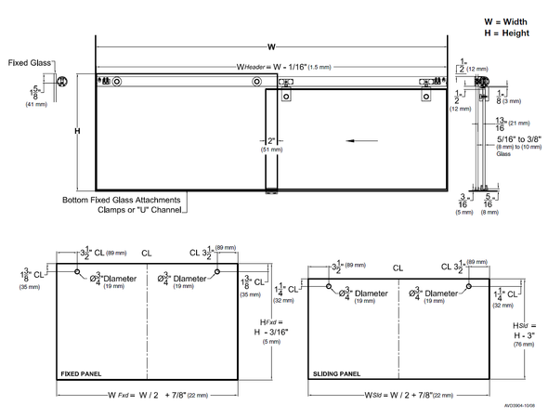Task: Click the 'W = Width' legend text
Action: tap(506, 20)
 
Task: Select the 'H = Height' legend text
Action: tap(506, 33)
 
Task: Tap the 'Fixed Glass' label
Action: tap(29, 63)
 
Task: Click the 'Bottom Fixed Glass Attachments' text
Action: tap(122, 200)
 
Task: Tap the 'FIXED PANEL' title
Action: tap(81, 374)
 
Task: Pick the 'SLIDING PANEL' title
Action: tap(335, 374)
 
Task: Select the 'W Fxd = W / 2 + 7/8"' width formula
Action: tap(149, 395)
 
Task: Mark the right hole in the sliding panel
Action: tap(470, 287)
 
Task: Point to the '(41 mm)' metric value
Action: tap(35, 105)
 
